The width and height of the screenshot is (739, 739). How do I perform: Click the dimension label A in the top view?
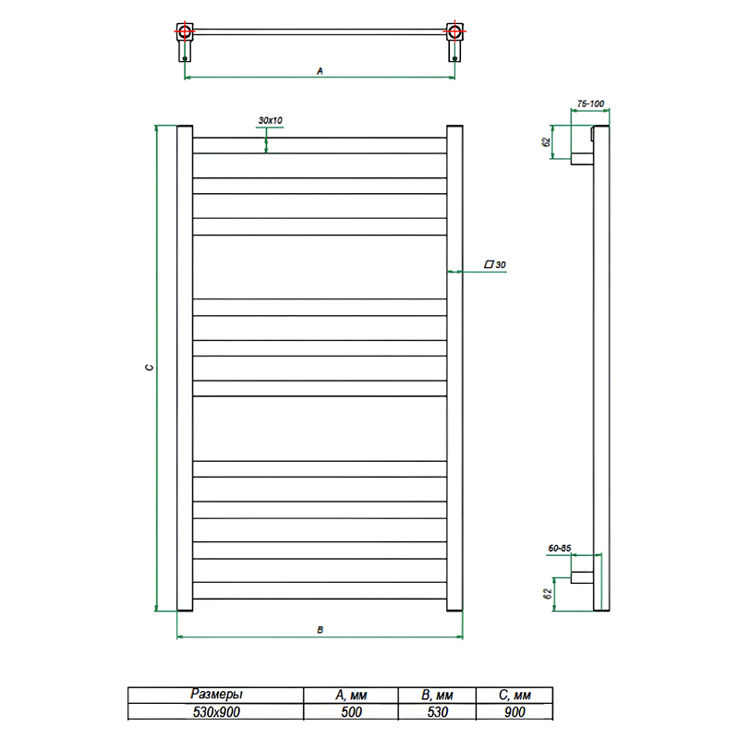320,71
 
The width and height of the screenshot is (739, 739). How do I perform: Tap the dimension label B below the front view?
320,630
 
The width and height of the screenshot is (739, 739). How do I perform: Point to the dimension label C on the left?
150,368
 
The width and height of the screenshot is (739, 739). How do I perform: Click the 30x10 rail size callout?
270,121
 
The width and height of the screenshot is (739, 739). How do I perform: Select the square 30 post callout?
495,265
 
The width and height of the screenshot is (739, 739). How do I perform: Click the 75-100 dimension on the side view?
590,103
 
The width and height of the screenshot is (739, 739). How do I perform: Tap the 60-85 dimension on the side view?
560,548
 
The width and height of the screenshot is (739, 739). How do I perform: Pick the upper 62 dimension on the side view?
546,142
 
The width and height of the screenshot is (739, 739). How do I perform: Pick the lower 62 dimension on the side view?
547,594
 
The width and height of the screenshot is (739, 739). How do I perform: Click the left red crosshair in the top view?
185,31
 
